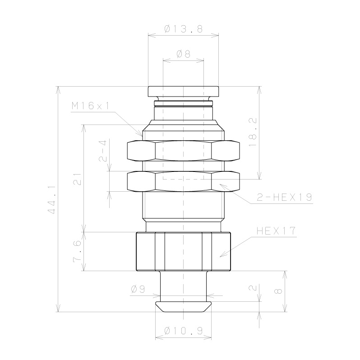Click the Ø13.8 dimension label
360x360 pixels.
pos(183,29)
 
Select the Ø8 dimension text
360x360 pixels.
pos(183,54)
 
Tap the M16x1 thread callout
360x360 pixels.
pos(90,106)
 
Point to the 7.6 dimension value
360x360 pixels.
pos(78,252)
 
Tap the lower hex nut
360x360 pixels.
pos(183,181)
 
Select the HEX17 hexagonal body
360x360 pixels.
pos(183,251)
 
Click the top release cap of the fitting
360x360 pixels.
pos(183,91)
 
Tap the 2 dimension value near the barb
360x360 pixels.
pos(253,287)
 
